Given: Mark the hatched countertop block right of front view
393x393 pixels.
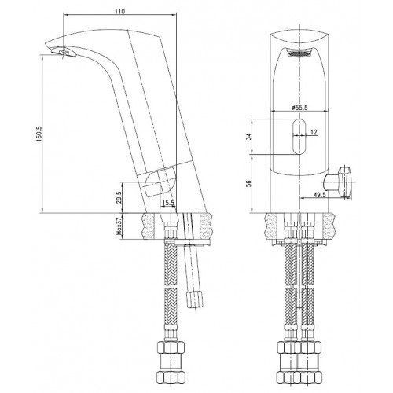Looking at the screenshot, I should [331, 226].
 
